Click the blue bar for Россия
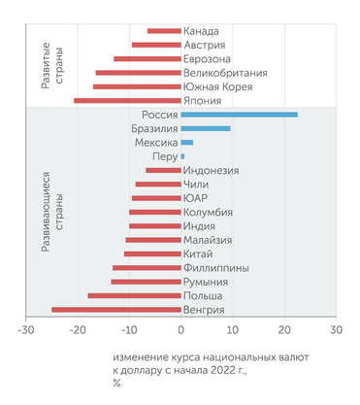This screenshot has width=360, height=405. coord(239,115)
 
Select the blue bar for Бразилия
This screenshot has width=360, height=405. coord(206,128)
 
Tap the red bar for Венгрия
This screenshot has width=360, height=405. coord(115,310)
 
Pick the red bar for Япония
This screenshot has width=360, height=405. coord(127,100)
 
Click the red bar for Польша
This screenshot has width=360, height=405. coord(134,295)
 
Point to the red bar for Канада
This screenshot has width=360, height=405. coord(164,31)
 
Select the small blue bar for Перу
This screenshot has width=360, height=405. coord(182,156)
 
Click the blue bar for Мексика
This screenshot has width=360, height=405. coord(187,143)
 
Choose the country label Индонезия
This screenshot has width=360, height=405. coord(211,170)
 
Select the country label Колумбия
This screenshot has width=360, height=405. coord(209,212)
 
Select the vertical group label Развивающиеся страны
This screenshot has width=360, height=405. coord(52,212)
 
